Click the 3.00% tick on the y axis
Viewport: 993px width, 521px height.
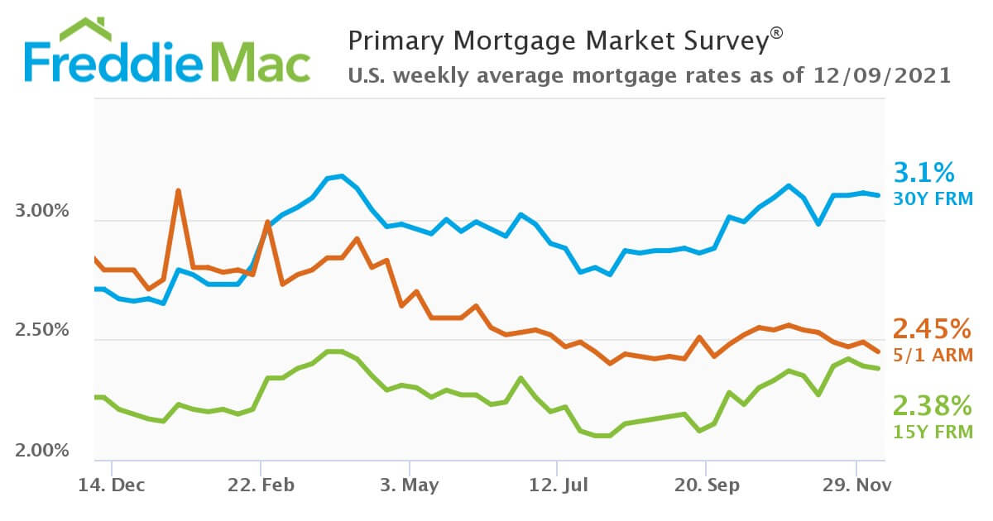41,212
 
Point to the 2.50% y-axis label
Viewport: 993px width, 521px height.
41,331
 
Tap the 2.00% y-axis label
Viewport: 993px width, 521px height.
41,451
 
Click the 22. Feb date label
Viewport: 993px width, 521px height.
261,485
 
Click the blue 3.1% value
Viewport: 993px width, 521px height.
923,173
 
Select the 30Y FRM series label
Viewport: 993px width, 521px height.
933,198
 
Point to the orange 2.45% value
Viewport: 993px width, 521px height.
931,329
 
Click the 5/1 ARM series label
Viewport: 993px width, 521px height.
931,356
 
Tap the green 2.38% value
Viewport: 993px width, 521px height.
931,405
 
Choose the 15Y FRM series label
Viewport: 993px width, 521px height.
931,431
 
